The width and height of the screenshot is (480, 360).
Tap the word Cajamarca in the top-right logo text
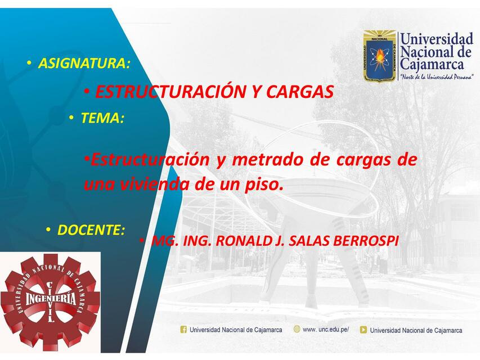[432, 65]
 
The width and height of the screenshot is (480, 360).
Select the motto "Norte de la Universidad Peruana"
[437, 76]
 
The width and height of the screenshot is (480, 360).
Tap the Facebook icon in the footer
[183, 330]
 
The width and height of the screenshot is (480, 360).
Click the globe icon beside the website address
[297, 329]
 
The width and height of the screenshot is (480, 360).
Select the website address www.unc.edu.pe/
[326, 330]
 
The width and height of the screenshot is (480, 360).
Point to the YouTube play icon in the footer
[363, 330]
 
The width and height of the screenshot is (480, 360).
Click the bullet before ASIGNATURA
[29, 63]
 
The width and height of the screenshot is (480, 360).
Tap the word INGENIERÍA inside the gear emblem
[51, 299]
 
